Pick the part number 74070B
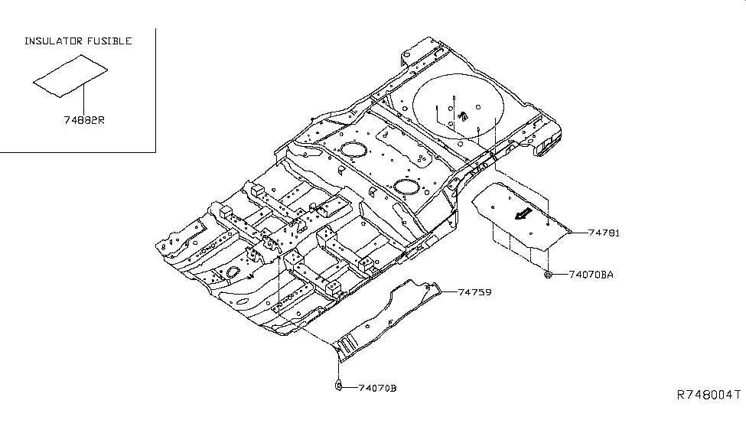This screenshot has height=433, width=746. coord(377,388)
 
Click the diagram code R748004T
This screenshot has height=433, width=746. coord(708,396)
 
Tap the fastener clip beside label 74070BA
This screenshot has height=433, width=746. coord(549,273)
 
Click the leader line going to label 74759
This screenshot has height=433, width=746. coord(449,291)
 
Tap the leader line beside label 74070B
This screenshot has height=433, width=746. coord(349,388)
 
